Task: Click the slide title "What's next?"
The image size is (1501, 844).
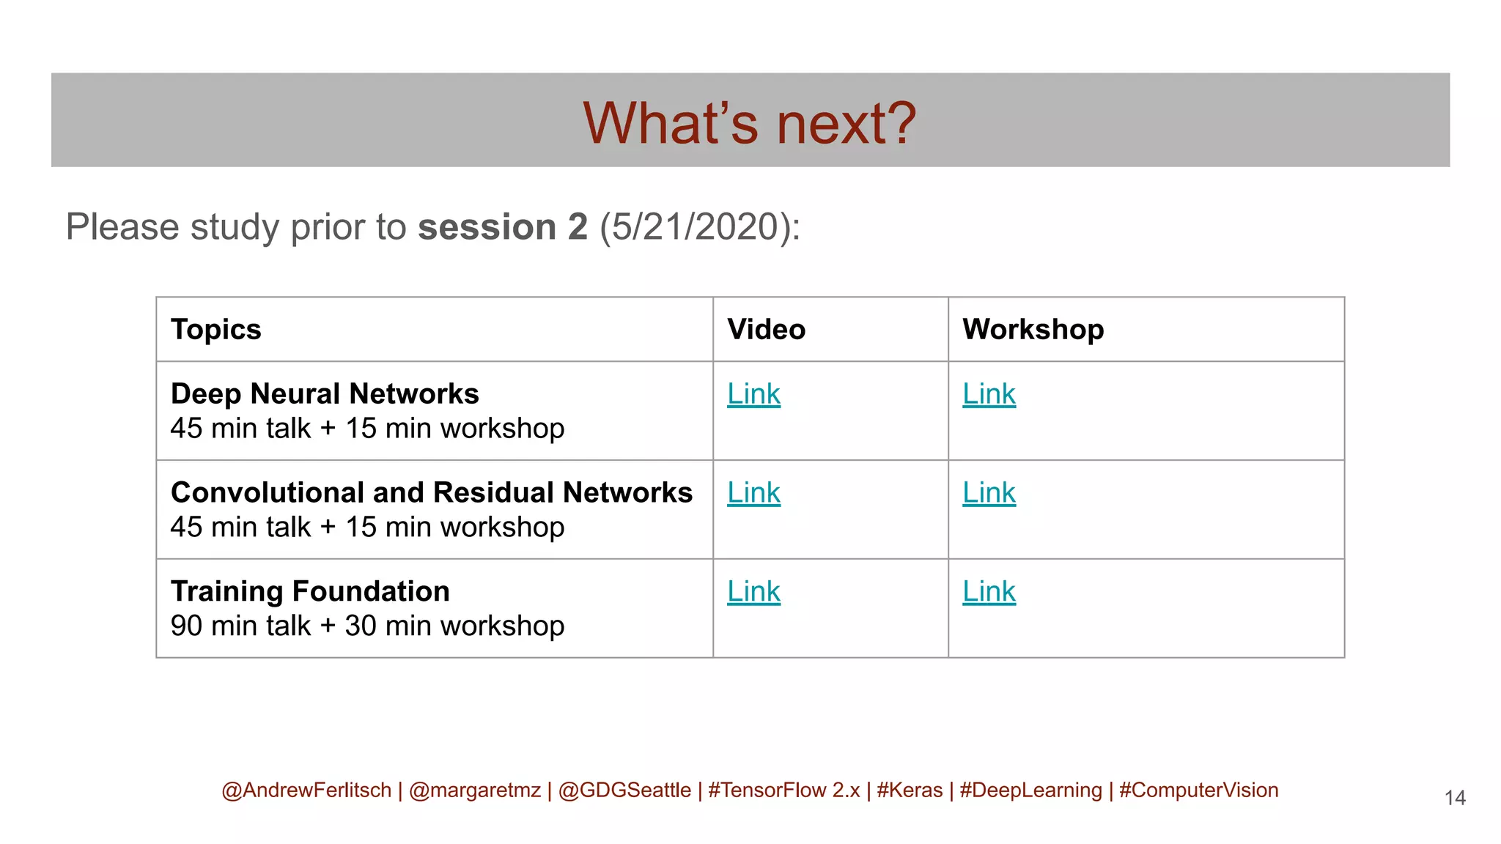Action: (x=749, y=123)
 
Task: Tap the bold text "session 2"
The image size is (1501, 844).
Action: (x=503, y=226)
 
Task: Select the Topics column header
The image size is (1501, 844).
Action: (x=216, y=330)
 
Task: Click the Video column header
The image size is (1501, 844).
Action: (x=766, y=330)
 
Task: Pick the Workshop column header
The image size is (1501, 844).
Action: (x=1033, y=330)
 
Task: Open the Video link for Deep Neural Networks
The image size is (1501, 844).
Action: (x=753, y=394)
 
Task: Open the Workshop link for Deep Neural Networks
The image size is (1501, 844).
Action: (x=989, y=394)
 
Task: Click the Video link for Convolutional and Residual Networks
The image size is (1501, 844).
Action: (x=753, y=493)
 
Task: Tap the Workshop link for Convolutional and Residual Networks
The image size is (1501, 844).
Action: (x=989, y=493)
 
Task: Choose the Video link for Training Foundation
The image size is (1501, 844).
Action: (x=753, y=592)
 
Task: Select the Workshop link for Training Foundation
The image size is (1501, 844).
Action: (x=989, y=592)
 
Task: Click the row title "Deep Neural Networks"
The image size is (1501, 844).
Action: (x=325, y=394)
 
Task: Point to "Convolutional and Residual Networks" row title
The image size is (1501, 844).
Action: (x=431, y=493)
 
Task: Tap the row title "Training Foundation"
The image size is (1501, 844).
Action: (x=310, y=592)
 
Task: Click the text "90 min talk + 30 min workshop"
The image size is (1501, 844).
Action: (x=367, y=626)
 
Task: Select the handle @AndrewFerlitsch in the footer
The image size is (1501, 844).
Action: (x=306, y=791)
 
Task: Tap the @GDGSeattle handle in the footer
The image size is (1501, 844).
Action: (x=624, y=791)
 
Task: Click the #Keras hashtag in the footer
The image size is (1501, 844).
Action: (x=910, y=791)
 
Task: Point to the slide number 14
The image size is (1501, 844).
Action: (x=1455, y=798)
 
